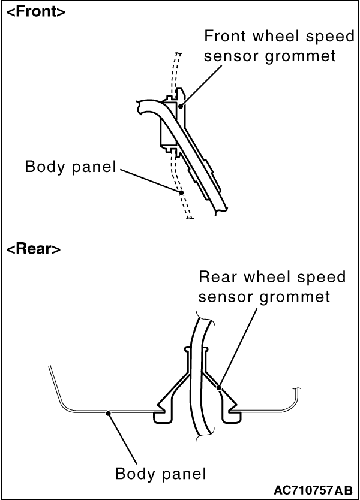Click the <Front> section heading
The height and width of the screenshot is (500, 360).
[35, 13]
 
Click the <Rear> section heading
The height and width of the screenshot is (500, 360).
[33, 249]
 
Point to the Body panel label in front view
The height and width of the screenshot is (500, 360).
[70, 167]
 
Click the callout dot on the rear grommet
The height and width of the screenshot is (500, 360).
[219, 387]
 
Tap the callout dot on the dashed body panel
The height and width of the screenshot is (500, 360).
[181, 192]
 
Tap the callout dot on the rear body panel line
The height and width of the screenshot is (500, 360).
[108, 411]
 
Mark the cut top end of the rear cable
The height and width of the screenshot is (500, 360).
[204, 315]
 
